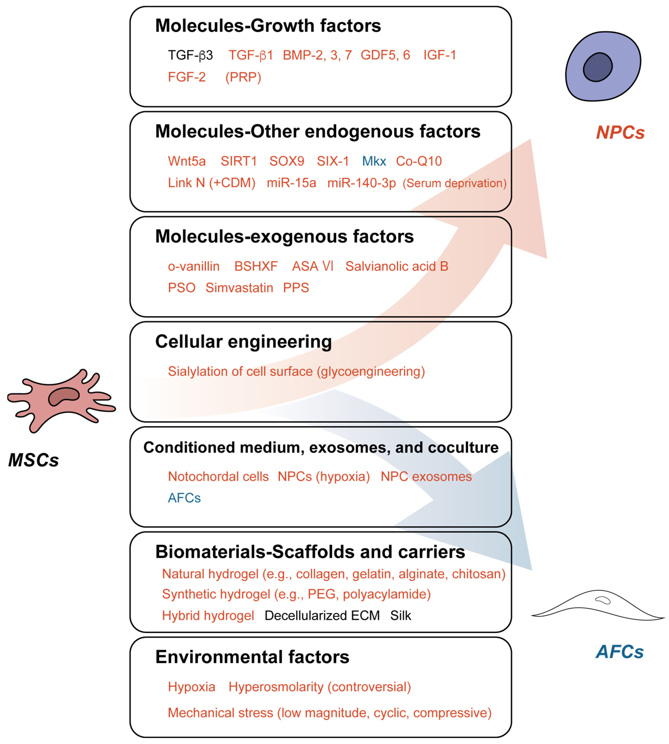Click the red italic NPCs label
[620, 132]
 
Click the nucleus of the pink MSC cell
[64, 396]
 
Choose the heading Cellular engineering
[243, 342]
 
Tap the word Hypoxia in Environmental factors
[191, 687]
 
